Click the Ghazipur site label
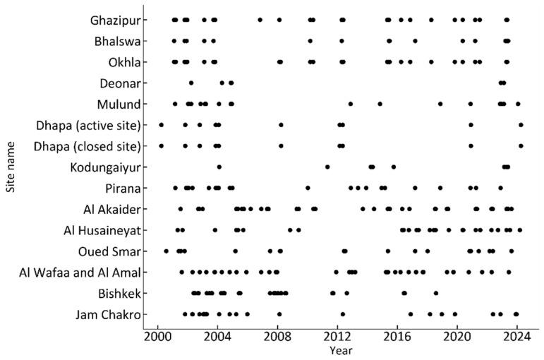[x=114, y=20]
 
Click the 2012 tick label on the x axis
[x=337, y=337]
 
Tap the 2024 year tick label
[x=516, y=337]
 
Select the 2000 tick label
[x=157, y=337]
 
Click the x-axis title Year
[x=337, y=350]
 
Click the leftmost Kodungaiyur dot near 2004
[x=219, y=167]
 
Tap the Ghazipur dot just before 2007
[x=260, y=20]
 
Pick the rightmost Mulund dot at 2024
[x=518, y=104]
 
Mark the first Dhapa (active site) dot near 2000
[x=162, y=125]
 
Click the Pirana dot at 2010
[x=308, y=188]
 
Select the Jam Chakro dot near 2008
[x=279, y=314]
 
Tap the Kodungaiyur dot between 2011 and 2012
[x=327, y=167]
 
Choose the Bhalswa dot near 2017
[x=415, y=41]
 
